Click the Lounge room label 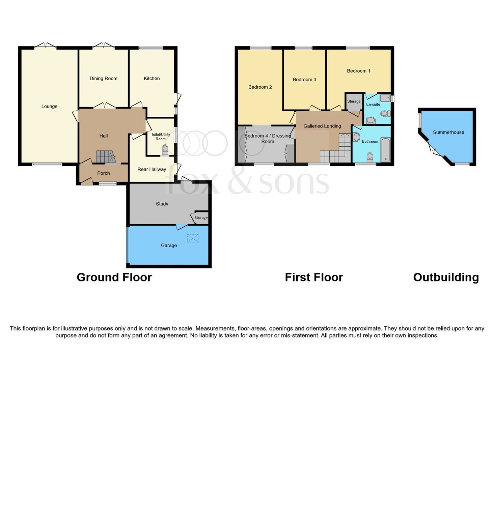(49, 106)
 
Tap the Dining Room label (103, 78)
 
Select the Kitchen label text (152, 78)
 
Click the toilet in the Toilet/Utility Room (165, 148)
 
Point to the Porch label (103, 173)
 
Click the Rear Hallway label (152, 169)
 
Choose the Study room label (162, 204)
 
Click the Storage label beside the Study (201, 218)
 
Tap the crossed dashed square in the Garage (193, 238)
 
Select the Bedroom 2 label (260, 87)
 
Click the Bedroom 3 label (304, 80)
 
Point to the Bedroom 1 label (358, 71)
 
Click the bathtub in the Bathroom (385, 149)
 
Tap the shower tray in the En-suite (384, 98)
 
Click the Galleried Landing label (322, 126)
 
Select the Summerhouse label (448, 132)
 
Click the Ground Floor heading (114, 277)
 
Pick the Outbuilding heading (446, 277)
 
